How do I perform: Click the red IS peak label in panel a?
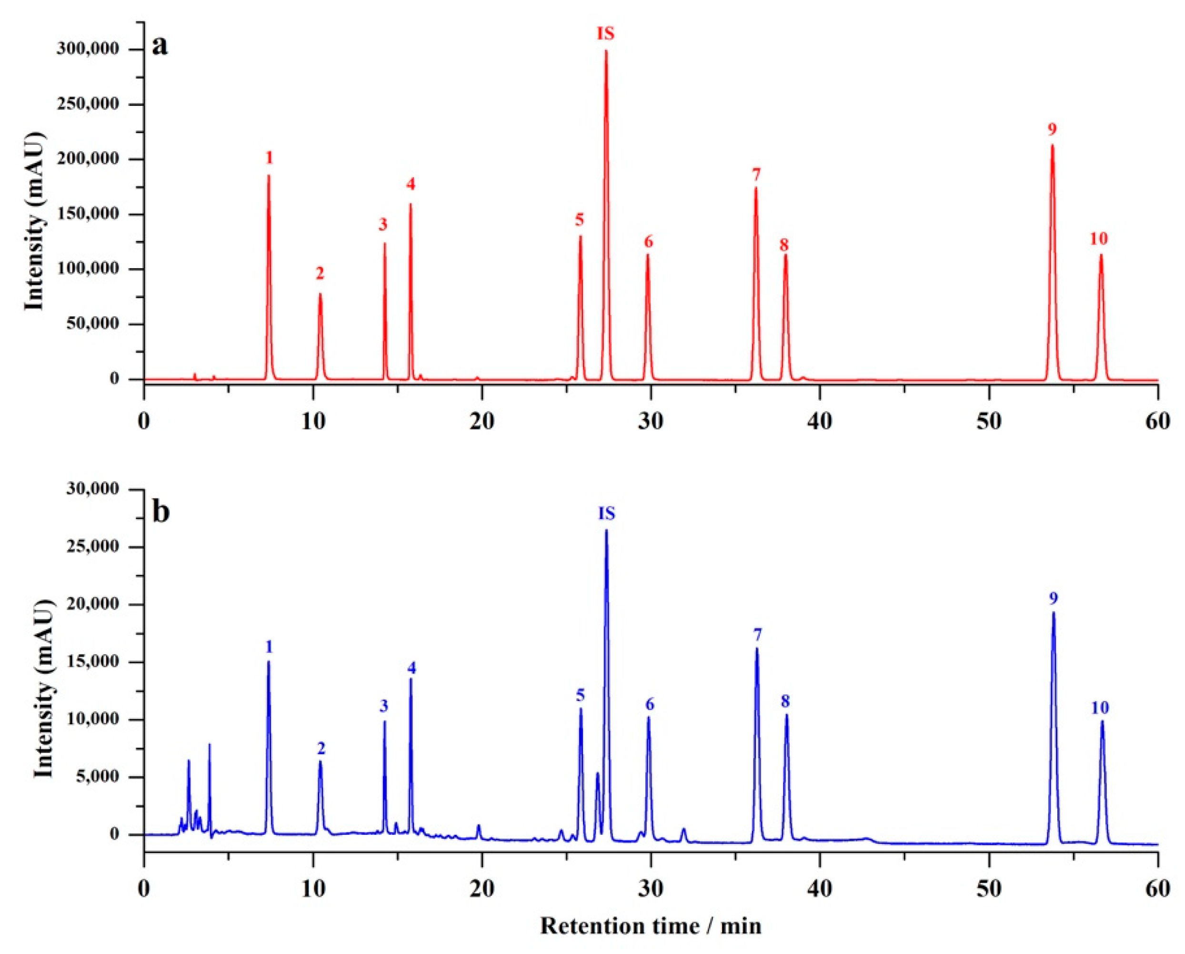click(606, 34)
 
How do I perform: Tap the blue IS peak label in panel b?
click(606, 514)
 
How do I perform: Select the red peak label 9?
click(1052, 130)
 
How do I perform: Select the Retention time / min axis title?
click(651, 925)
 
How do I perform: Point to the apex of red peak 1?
click(269, 176)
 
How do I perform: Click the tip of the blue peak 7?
click(757, 650)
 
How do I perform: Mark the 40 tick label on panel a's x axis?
click(820, 422)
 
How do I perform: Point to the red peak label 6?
click(649, 242)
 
